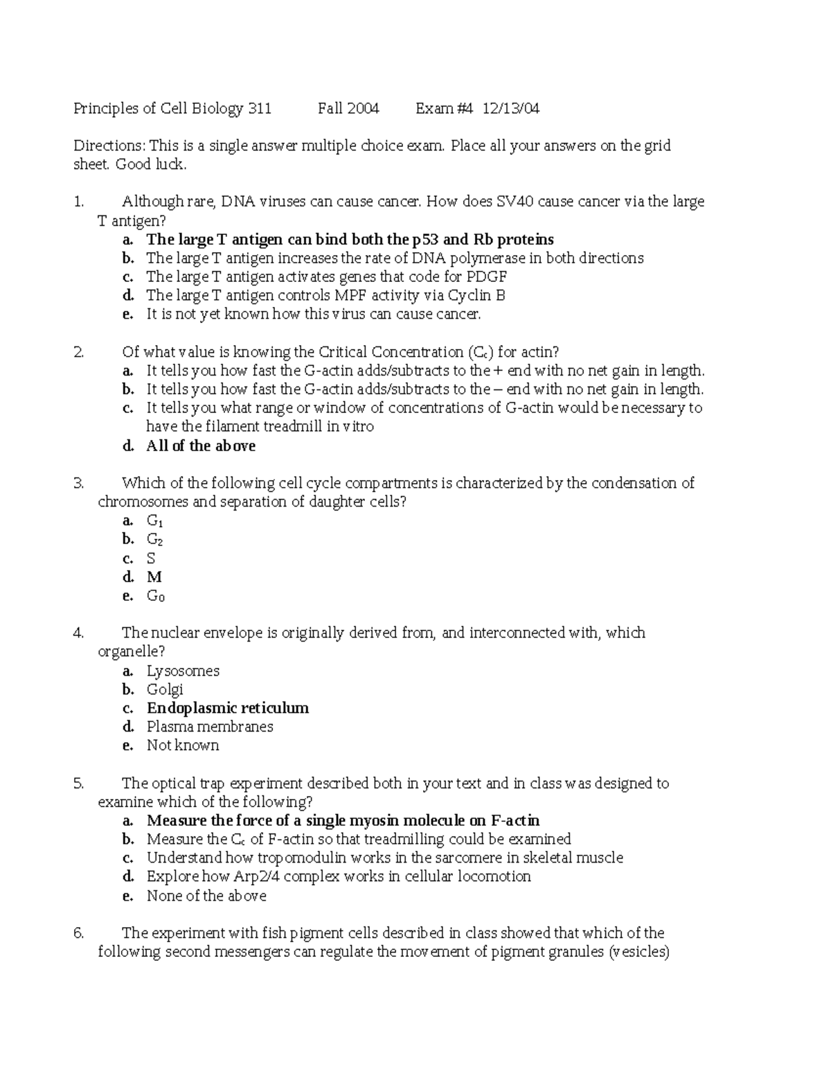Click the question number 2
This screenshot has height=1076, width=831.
tap(78, 352)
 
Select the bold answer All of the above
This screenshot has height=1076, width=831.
tap(201, 446)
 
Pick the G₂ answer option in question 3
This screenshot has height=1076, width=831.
tap(154, 539)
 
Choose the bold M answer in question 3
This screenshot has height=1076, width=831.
tap(154, 576)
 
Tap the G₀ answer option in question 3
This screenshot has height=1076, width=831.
tap(155, 596)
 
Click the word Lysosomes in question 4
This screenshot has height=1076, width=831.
tap(183, 671)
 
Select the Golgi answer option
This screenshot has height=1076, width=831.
tap(165, 689)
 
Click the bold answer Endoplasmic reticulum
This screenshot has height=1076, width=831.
tap(228, 708)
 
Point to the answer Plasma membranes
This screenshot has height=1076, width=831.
tap(210, 727)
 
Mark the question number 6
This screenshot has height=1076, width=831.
tap(78, 933)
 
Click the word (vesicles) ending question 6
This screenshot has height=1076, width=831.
tap(638, 952)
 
